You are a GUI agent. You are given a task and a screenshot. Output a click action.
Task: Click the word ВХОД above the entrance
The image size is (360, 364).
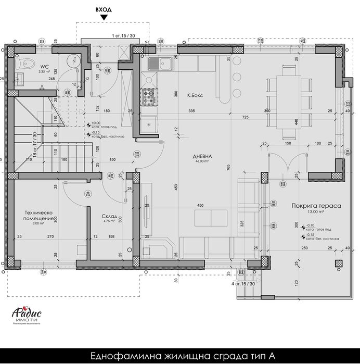tap(104, 9)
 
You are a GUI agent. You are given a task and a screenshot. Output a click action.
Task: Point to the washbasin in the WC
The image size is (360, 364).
tap(19, 79)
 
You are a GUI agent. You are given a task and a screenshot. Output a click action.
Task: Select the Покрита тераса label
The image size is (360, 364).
tap(316, 206)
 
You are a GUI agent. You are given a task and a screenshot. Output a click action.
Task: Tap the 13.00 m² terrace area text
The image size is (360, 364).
tap(316, 212)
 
